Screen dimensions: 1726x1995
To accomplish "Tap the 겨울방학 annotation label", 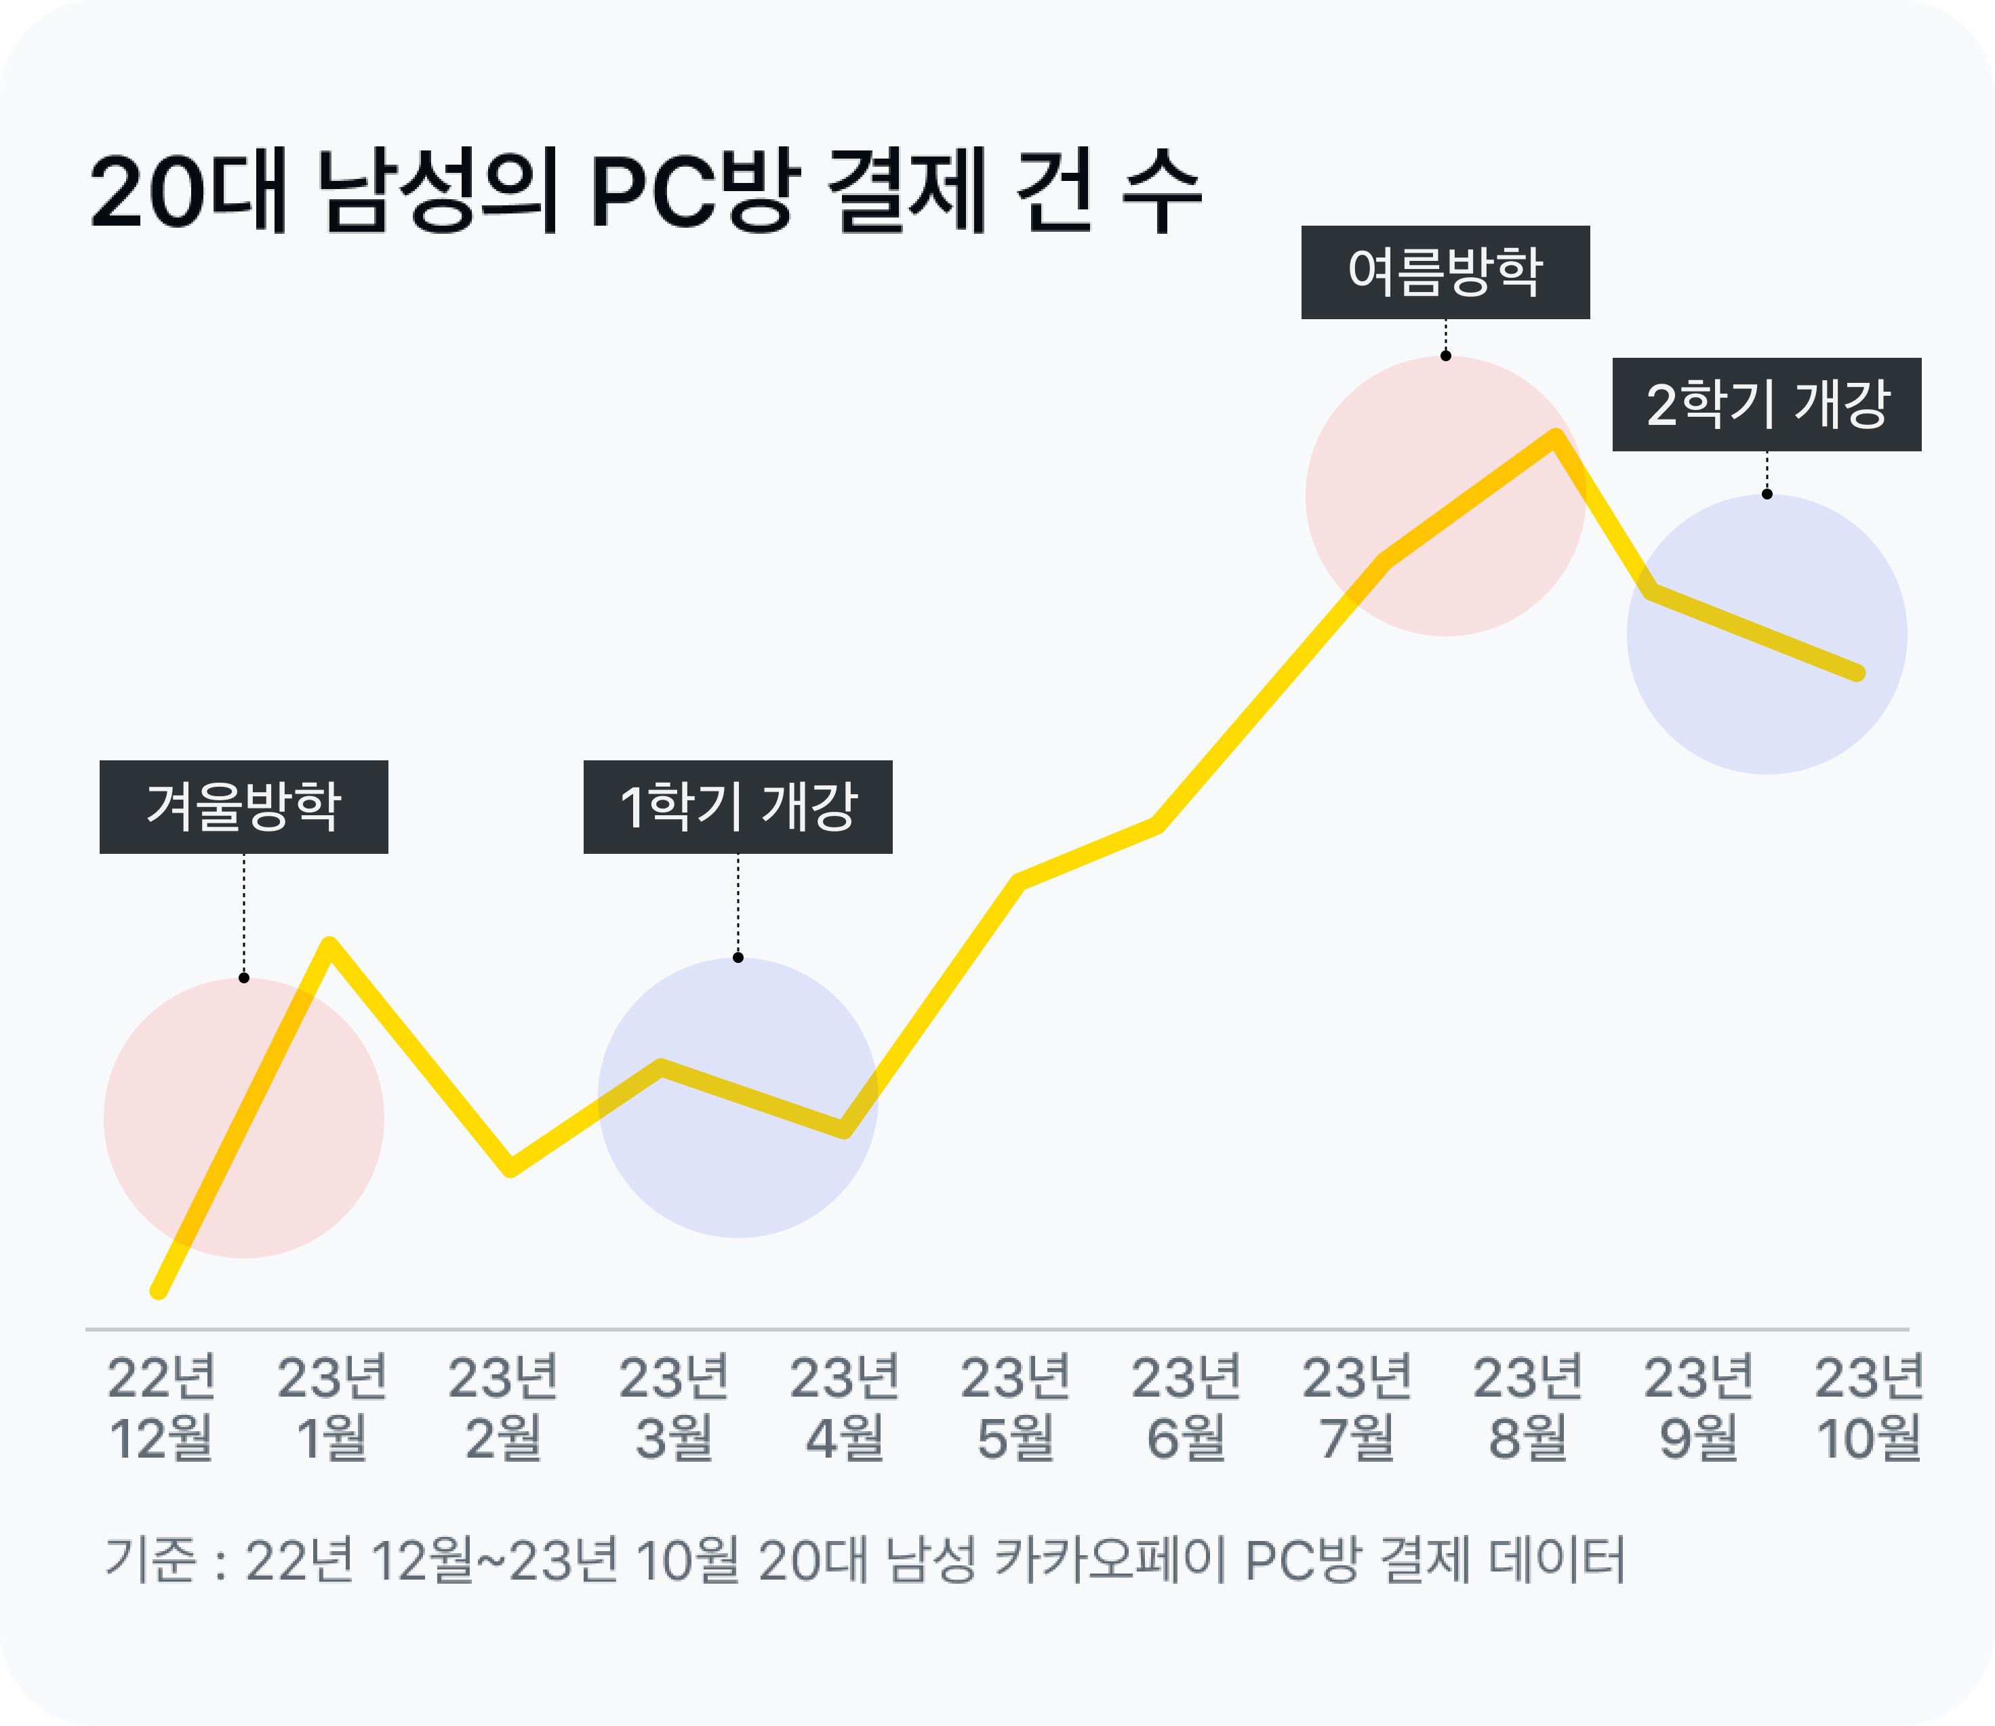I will pos(244,807).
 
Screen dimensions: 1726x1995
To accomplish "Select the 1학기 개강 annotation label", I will pos(738,807).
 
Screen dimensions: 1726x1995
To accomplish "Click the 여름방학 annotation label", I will pos(1445,272).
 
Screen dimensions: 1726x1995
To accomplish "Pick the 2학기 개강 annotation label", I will pos(1767,405).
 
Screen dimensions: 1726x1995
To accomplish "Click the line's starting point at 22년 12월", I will pos(159,1291).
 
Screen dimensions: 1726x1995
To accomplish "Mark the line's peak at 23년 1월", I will pos(329,944).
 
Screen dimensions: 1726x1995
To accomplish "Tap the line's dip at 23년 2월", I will pos(510,1168).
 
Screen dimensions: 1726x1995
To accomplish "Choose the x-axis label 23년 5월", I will pos(1015,1407).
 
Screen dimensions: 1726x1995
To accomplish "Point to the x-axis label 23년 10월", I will pos(1869,1407).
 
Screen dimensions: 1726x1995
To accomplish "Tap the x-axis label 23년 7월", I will pos(1357,1407).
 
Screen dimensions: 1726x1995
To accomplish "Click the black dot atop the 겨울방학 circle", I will pos(244,979).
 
